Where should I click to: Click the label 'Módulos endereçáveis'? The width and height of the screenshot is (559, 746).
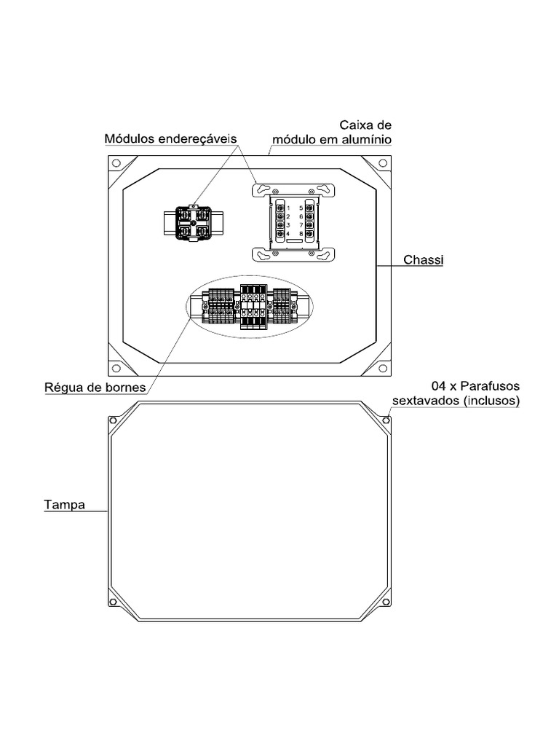click(x=170, y=138)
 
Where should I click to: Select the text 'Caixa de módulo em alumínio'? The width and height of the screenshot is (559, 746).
click(x=332, y=132)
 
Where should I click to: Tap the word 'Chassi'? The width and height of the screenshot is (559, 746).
click(x=423, y=260)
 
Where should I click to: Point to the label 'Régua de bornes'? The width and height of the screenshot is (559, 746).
click(x=95, y=388)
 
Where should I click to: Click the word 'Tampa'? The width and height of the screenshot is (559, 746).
click(x=64, y=504)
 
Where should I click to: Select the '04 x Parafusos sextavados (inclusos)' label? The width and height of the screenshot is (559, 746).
click(x=456, y=393)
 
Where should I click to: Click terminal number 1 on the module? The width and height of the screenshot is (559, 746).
click(x=288, y=208)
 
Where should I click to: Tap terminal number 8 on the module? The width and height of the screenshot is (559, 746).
click(x=301, y=234)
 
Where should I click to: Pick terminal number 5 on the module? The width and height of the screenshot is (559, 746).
click(x=301, y=208)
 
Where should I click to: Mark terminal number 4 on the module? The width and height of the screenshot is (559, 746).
click(x=288, y=234)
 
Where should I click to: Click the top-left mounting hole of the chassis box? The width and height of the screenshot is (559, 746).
click(x=116, y=164)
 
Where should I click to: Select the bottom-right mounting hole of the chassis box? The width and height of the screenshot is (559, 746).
click(x=382, y=368)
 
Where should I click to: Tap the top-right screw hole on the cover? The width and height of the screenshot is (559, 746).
click(x=386, y=420)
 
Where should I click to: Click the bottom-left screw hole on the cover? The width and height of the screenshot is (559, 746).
click(x=113, y=602)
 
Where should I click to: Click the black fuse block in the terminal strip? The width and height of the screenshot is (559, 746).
click(x=252, y=307)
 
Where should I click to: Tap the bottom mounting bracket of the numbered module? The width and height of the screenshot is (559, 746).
click(x=293, y=254)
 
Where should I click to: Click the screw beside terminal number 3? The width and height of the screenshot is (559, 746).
click(x=280, y=225)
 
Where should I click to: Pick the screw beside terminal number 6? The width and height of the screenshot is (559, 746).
click(x=309, y=216)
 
